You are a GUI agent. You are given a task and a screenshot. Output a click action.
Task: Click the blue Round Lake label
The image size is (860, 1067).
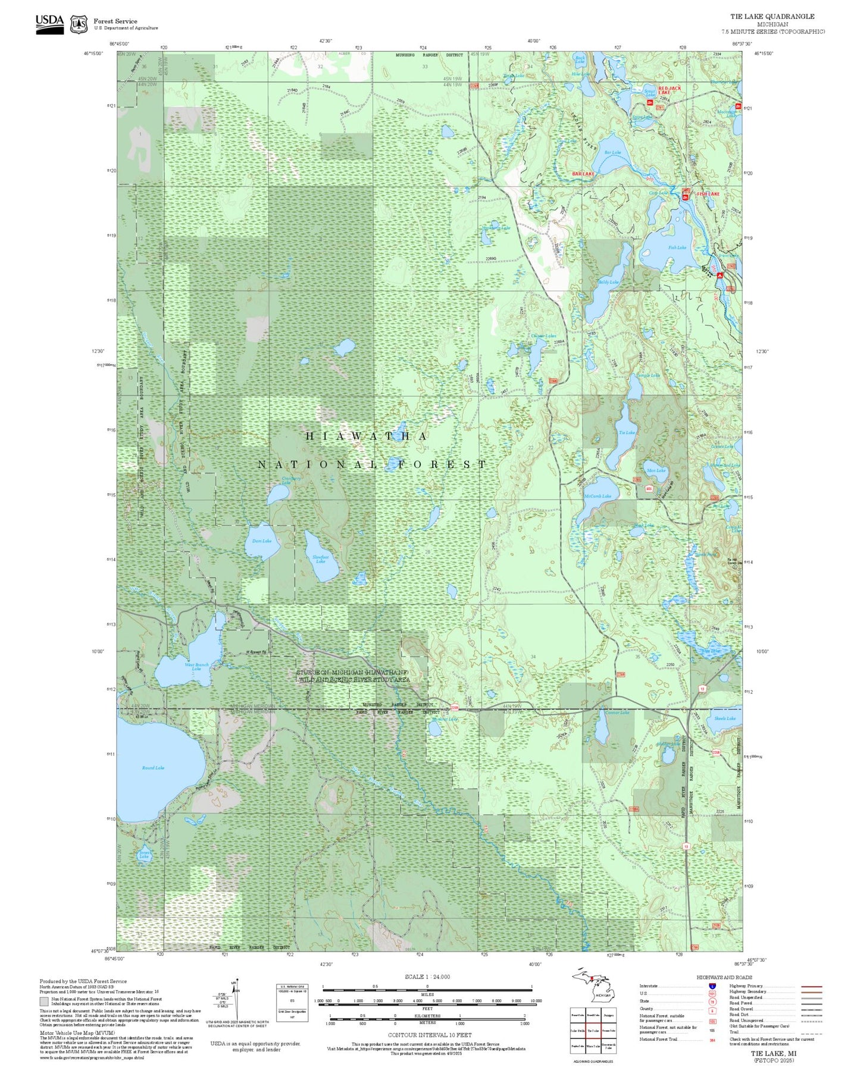click(x=153, y=768)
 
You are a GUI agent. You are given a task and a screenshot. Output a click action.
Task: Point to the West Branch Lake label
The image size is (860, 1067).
click(x=196, y=667)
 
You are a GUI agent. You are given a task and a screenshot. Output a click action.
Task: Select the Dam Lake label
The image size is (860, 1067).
click(x=262, y=541)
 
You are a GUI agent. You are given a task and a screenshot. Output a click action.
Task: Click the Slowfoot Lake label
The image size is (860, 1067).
click(x=321, y=559)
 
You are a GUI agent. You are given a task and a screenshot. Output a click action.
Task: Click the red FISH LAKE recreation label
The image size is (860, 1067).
click(x=708, y=194)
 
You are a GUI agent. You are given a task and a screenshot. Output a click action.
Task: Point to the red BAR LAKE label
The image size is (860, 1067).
click(x=583, y=174)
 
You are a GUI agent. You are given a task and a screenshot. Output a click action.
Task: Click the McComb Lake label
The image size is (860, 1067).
click(x=598, y=496)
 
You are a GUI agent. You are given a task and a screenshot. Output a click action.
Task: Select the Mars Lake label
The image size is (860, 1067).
click(x=656, y=470)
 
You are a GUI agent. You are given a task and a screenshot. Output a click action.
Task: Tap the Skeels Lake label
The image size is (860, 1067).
click(x=725, y=718)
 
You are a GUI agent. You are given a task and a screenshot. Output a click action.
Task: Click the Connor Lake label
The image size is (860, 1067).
click(x=617, y=713)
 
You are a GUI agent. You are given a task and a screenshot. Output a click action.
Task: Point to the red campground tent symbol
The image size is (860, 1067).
click(x=720, y=275)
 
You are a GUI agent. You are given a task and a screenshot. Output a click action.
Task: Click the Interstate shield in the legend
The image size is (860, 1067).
click(x=712, y=986)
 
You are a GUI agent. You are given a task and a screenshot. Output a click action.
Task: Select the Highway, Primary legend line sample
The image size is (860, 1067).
click(x=812, y=986)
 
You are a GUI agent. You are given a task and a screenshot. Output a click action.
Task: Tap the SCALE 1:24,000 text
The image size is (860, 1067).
click(x=427, y=977)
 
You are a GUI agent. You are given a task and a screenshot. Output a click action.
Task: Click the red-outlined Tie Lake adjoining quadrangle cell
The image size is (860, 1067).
click(x=593, y=1031)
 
